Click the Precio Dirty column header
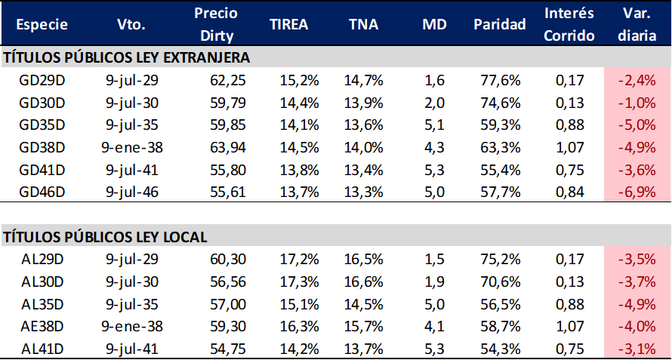click(215, 24)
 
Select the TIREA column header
click(289, 24)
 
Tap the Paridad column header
click(499, 24)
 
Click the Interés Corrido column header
click(569, 24)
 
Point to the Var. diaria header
click(637, 24)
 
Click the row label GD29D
click(43, 79)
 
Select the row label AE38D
click(43, 326)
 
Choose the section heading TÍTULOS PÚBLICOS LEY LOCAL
click(106, 237)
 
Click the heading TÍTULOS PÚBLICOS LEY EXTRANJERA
click(127, 57)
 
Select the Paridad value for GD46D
click(499, 192)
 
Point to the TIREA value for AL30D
click(289, 282)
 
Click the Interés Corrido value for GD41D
click(569, 169)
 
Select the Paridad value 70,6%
click(499, 282)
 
